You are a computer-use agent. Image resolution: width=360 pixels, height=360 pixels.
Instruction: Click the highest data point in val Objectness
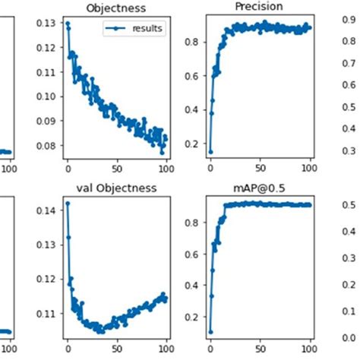(x=68, y=203)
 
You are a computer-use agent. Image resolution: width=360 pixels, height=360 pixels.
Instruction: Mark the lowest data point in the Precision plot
(x=210, y=151)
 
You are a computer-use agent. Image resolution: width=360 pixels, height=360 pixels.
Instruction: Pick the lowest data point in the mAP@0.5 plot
(x=210, y=331)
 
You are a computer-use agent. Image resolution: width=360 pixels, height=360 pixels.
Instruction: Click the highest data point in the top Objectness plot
(x=68, y=24)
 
